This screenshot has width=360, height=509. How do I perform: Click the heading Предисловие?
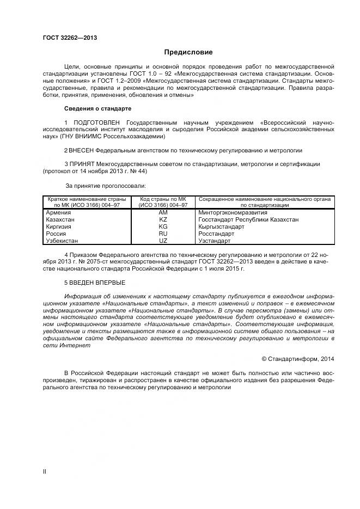click(x=188, y=52)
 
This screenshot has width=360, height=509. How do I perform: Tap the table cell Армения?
click(x=58, y=212)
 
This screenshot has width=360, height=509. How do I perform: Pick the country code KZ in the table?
click(x=163, y=219)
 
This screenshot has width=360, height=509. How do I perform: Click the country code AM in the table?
click(x=163, y=212)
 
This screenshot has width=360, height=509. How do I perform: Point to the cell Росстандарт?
click(x=216, y=234)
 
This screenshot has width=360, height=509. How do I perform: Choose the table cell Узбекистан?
click(x=63, y=241)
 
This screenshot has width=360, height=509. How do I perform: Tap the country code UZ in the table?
click(x=163, y=241)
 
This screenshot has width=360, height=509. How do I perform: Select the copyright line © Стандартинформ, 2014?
click(x=298, y=359)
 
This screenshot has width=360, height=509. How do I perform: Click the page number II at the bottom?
click(x=45, y=471)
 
